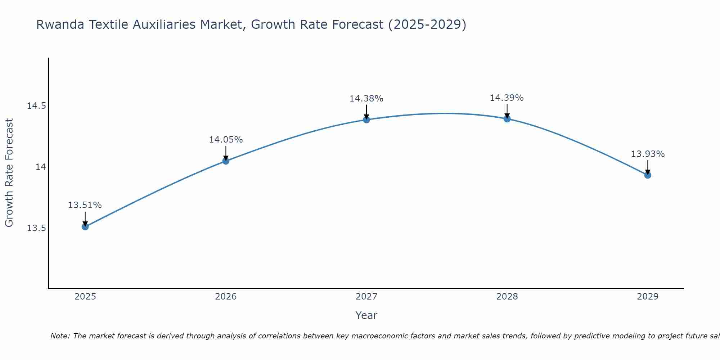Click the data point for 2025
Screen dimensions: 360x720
[x=85, y=226]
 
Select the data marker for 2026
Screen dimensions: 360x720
[x=226, y=161]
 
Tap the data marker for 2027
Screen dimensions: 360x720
[x=366, y=120]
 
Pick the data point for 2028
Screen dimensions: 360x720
[x=507, y=119]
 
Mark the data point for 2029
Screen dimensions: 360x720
[x=648, y=175]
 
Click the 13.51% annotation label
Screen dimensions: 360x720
[x=85, y=205]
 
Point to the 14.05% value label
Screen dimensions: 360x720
[x=226, y=140]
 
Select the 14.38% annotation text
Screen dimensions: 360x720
[x=366, y=98]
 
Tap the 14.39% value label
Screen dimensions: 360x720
[x=507, y=98]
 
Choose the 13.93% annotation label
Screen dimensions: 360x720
[x=648, y=154]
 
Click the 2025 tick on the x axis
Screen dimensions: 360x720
[x=85, y=297]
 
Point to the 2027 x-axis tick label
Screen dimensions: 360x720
[x=366, y=297]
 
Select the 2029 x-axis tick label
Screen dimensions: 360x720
[x=648, y=297]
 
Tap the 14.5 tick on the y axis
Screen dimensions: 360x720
[x=36, y=106]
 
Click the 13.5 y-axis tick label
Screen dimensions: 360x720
[x=36, y=228]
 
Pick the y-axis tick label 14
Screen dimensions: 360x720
[x=40, y=167]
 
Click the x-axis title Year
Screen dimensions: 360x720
[x=366, y=315]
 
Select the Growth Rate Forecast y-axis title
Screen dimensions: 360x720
[x=9, y=173]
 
